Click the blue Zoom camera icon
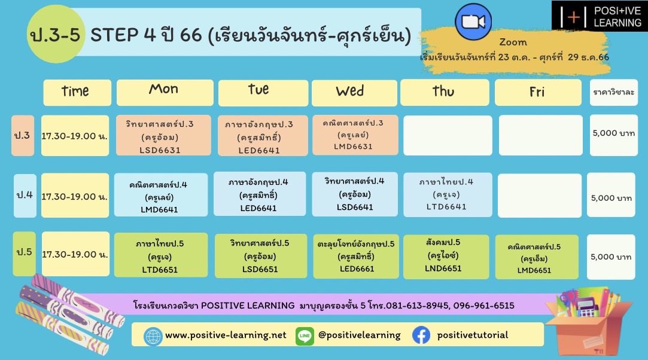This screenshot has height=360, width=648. [473, 22]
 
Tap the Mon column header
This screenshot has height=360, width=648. [165, 93]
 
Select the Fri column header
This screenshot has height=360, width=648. [538, 93]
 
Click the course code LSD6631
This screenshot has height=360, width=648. [160, 150]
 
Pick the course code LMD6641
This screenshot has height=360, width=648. [159, 210]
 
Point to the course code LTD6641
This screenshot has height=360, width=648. [446, 206]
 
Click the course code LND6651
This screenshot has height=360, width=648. [443, 269]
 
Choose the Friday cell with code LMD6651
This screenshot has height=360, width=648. [537, 257]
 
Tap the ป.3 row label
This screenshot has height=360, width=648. [22, 135]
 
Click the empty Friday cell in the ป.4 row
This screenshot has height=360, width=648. [539, 196]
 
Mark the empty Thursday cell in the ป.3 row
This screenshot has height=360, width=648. [448, 135]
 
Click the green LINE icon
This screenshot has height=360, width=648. [305, 335]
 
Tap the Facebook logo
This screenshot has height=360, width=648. [421, 335]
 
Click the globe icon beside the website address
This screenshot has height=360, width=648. [153, 337]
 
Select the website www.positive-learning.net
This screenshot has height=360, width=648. [226, 335]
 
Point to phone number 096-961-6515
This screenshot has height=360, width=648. [483, 306]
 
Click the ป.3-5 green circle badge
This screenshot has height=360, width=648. [56, 34]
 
